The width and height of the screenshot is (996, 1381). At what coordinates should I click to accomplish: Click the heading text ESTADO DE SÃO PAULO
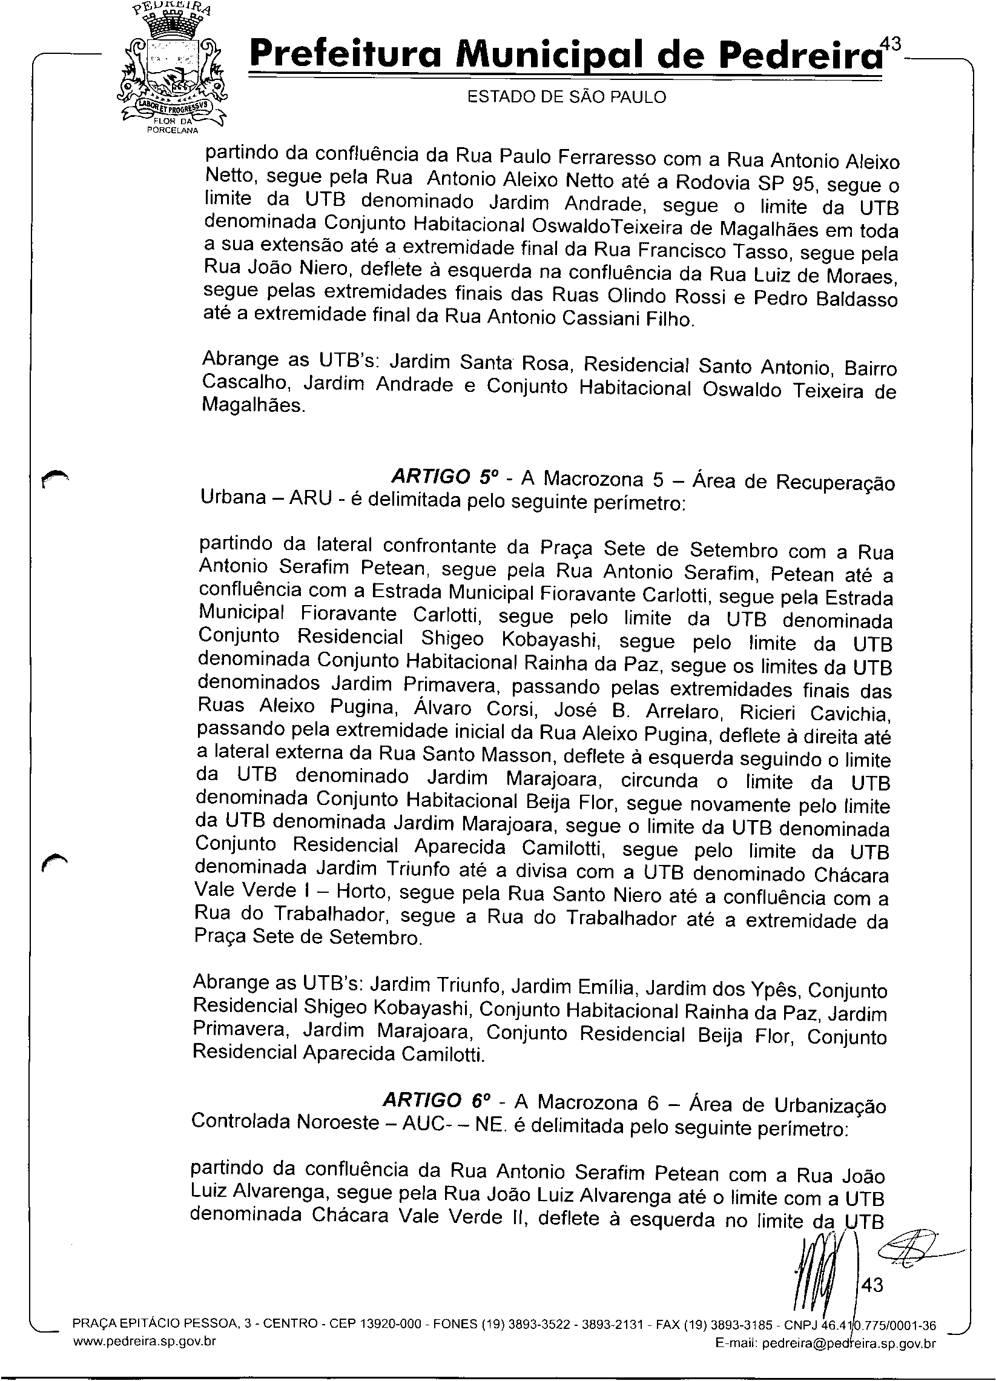566,98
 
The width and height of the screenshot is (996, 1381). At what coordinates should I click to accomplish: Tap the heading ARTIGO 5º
445,475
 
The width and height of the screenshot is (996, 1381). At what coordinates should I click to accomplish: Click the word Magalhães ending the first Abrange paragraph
252,406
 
